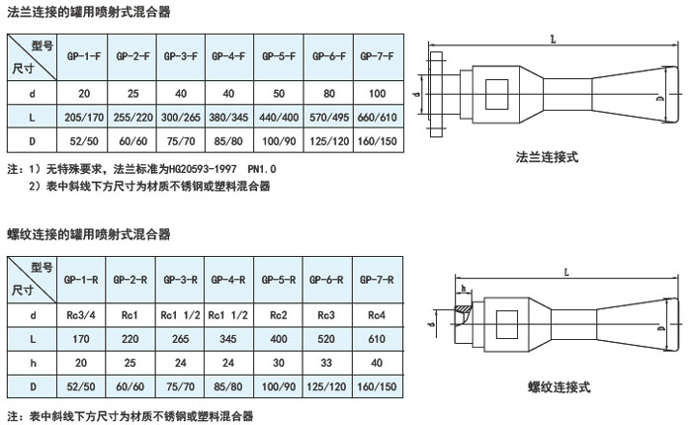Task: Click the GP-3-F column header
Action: click(180, 57)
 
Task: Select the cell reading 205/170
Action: click(80, 116)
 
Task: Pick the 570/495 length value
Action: click(328, 116)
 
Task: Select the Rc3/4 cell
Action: click(80, 315)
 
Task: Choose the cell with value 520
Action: click(328, 338)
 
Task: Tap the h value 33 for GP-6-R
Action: click(328, 361)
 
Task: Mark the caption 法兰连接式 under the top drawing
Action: click(546, 156)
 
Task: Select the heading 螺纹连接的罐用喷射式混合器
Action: click(88, 234)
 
